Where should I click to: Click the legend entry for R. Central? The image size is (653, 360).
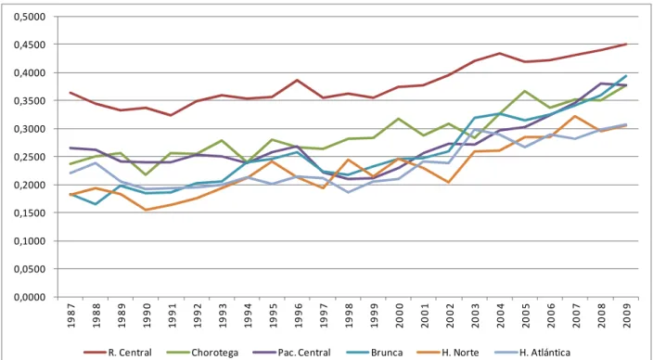(118, 353)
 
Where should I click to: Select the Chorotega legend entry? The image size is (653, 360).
(202, 353)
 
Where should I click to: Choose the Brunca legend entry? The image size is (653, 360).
(374, 353)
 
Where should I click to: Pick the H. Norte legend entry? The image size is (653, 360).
(455, 353)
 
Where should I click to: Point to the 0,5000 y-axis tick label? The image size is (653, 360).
(29, 17)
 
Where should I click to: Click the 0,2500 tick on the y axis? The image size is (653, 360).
(29, 157)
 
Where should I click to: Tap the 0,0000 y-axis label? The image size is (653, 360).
(29, 297)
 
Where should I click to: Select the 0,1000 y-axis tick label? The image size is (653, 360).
(29, 241)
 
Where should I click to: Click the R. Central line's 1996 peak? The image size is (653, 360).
(298, 80)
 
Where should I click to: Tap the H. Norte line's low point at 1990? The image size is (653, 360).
(147, 210)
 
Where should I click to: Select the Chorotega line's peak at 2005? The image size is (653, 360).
(525, 91)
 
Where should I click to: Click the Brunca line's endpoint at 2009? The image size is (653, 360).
(626, 76)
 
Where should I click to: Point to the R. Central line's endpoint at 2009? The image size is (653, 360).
(626, 44)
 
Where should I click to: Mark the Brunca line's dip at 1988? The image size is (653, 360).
(96, 204)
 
